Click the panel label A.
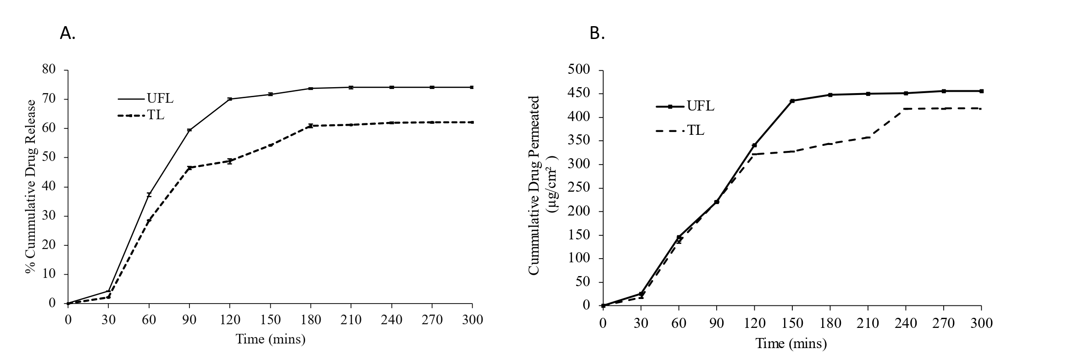(x=67, y=33)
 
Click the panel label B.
(x=597, y=33)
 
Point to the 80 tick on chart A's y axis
(x=49, y=70)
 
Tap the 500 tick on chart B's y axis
(x=579, y=70)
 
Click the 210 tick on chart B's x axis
(x=868, y=323)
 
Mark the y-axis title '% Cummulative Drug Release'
(x=31, y=186)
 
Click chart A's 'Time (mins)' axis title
(x=270, y=339)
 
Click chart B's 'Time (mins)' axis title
(x=791, y=343)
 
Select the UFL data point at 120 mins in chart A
(x=230, y=99)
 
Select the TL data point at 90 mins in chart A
(x=189, y=168)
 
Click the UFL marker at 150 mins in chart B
(x=792, y=101)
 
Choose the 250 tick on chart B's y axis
(x=579, y=188)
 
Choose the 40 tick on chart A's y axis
(x=49, y=187)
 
